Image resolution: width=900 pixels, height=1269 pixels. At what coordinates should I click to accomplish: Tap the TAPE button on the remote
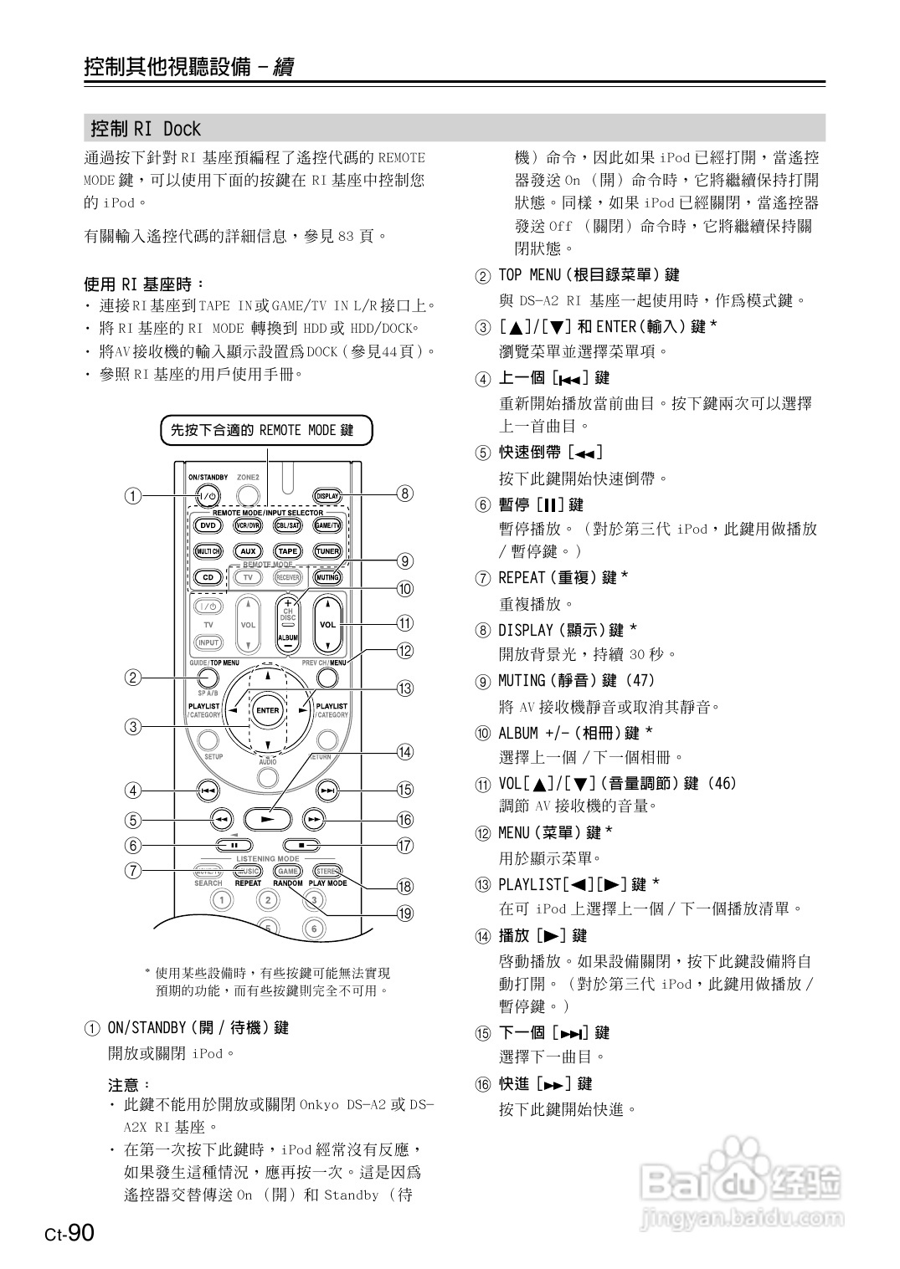[287, 551]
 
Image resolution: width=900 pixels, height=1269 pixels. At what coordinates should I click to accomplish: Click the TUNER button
[327, 551]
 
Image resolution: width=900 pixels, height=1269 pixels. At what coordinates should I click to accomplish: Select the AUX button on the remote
[248, 551]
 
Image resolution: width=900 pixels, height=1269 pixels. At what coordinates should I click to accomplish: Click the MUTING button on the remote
[327, 577]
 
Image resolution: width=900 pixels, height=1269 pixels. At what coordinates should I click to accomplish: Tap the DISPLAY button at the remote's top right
[327, 496]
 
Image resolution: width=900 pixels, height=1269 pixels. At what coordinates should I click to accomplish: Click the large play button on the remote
[267, 819]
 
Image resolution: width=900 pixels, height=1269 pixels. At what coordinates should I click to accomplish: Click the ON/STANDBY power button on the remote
[208, 495]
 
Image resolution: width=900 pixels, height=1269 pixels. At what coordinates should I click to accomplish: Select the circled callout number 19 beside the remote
[405, 913]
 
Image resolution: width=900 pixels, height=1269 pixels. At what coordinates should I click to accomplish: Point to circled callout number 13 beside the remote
[405, 688]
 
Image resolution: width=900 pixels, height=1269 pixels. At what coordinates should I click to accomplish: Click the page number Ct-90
[69, 1233]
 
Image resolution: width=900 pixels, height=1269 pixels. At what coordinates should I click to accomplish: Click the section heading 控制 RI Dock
[146, 129]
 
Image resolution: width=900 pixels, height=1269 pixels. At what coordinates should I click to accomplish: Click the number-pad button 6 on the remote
[314, 929]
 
